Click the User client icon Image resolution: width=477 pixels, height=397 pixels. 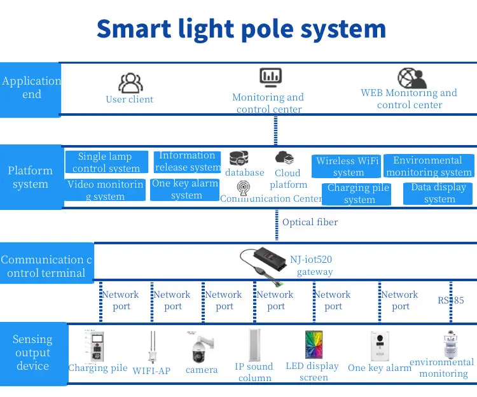pyautogui.click(x=130, y=83)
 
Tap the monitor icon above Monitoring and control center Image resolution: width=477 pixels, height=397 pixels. pyautogui.click(x=270, y=78)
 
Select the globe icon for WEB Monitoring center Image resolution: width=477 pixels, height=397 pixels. pyautogui.click(x=412, y=78)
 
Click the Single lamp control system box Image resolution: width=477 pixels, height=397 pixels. pyautogui.click(x=107, y=162)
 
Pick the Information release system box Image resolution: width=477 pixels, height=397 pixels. pyautogui.click(x=188, y=162)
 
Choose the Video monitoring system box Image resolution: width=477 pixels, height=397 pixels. pyautogui.click(x=106, y=190)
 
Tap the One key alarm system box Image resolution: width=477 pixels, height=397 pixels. pyautogui.click(x=185, y=190)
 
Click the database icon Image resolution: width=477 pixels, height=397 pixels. pyautogui.click(x=239, y=157)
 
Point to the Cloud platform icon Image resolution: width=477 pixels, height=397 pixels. pyautogui.click(x=284, y=157)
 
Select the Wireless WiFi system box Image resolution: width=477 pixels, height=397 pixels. pyautogui.click(x=349, y=166)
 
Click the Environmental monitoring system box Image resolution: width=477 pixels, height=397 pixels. pyautogui.click(x=429, y=166)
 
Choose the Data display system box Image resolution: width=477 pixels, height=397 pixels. pyautogui.click(x=438, y=193)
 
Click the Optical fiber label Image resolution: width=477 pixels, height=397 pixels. pyautogui.click(x=310, y=222)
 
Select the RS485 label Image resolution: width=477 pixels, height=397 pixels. pyautogui.click(x=451, y=300)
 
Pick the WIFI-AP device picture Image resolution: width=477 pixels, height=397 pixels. pyautogui.click(x=151, y=347)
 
